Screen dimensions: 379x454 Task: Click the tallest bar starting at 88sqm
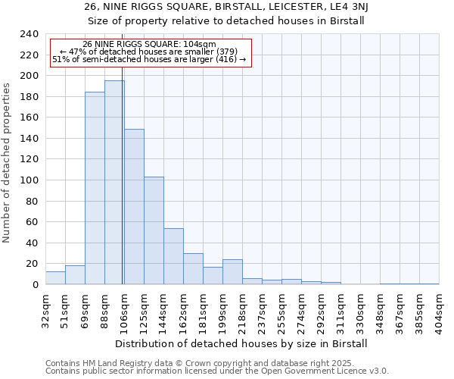(x=114, y=182)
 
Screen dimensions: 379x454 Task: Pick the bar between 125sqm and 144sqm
(x=154, y=230)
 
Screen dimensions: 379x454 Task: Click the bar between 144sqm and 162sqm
(x=173, y=256)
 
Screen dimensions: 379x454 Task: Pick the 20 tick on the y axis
(x=32, y=264)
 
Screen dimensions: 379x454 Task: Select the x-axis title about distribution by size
(x=241, y=343)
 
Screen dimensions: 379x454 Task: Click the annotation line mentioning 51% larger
(x=150, y=59)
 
